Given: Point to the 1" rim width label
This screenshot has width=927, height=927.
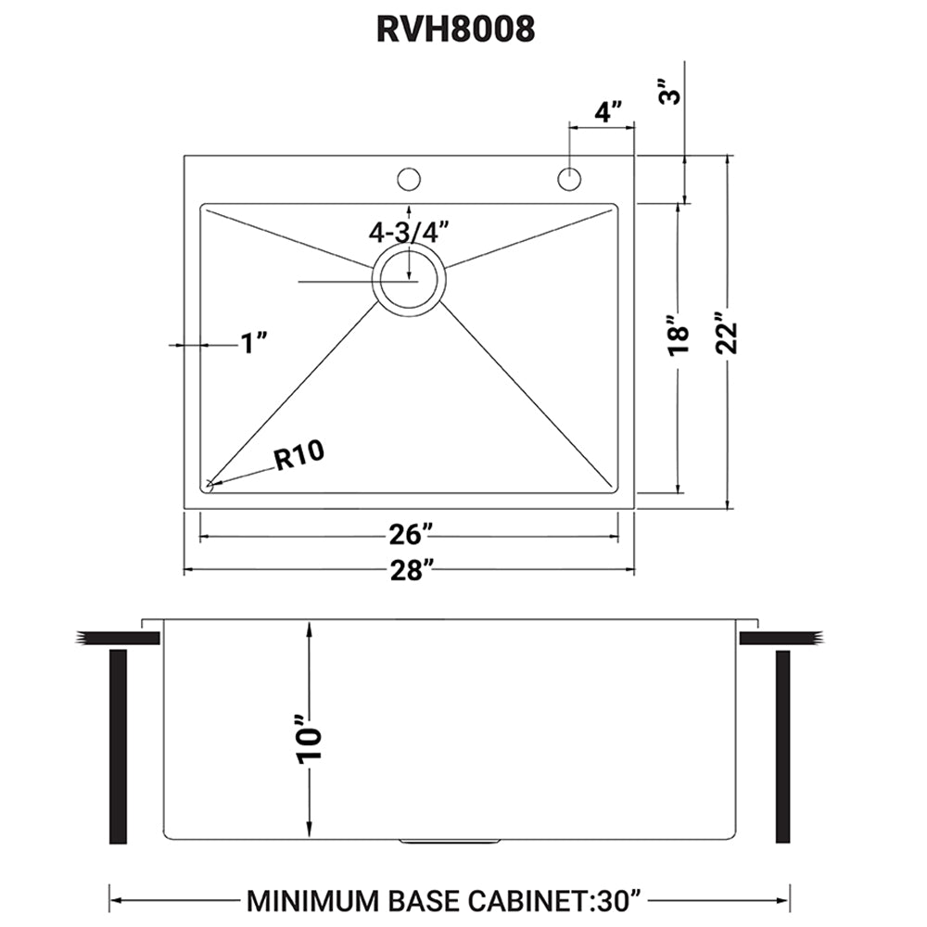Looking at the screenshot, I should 253,345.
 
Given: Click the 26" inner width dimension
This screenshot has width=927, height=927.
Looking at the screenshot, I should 409,536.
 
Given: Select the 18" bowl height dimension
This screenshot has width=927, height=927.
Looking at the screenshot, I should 679,338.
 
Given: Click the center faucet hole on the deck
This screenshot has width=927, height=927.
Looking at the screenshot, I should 409,178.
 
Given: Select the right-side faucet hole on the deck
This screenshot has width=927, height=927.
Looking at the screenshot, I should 569,178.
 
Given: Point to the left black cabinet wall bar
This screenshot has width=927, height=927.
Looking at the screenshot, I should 118,747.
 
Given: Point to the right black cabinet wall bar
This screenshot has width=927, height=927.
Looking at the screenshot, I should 783,747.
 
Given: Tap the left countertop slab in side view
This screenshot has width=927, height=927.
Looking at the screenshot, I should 106,638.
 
